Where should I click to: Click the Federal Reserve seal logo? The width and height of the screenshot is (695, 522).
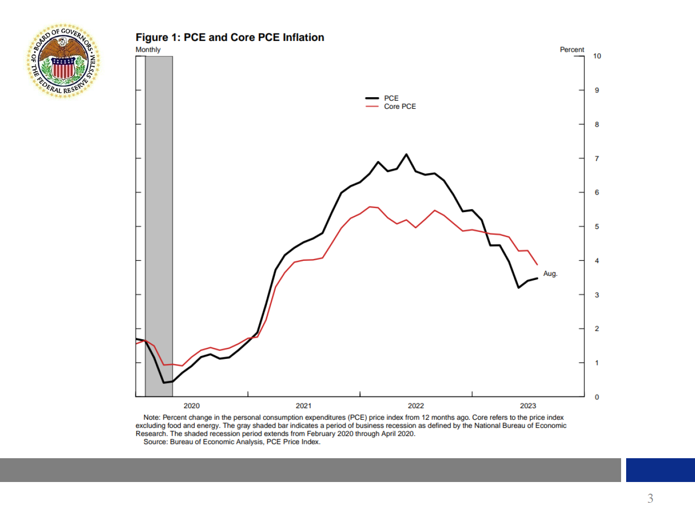point(63,61)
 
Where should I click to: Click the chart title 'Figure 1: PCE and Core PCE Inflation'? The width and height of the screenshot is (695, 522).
point(230,37)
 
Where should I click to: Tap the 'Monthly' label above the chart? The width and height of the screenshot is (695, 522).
point(148,50)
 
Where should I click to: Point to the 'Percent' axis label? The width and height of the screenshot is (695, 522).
point(571,50)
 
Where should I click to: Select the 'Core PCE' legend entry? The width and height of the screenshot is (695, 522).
point(399,106)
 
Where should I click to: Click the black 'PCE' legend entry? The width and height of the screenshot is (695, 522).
point(391,98)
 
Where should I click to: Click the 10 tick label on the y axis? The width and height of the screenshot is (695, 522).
point(597,56)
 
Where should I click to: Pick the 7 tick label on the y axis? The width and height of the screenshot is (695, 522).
point(597,158)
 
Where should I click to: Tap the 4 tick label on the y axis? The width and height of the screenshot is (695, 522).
point(597,261)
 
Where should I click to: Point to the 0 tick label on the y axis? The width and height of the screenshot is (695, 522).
point(597,397)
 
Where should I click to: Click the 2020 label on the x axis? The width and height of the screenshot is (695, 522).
point(191,406)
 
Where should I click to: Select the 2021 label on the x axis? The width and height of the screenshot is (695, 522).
point(304,406)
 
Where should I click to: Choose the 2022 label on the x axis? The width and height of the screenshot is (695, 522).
point(416,406)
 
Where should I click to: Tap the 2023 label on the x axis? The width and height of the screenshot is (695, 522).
point(528,406)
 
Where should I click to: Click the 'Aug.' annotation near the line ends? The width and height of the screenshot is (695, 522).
point(550,273)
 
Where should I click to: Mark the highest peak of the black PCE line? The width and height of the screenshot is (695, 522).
point(406,154)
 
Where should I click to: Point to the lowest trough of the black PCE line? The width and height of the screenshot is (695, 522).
point(163,382)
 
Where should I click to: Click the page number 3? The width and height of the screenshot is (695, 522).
point(650,499)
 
